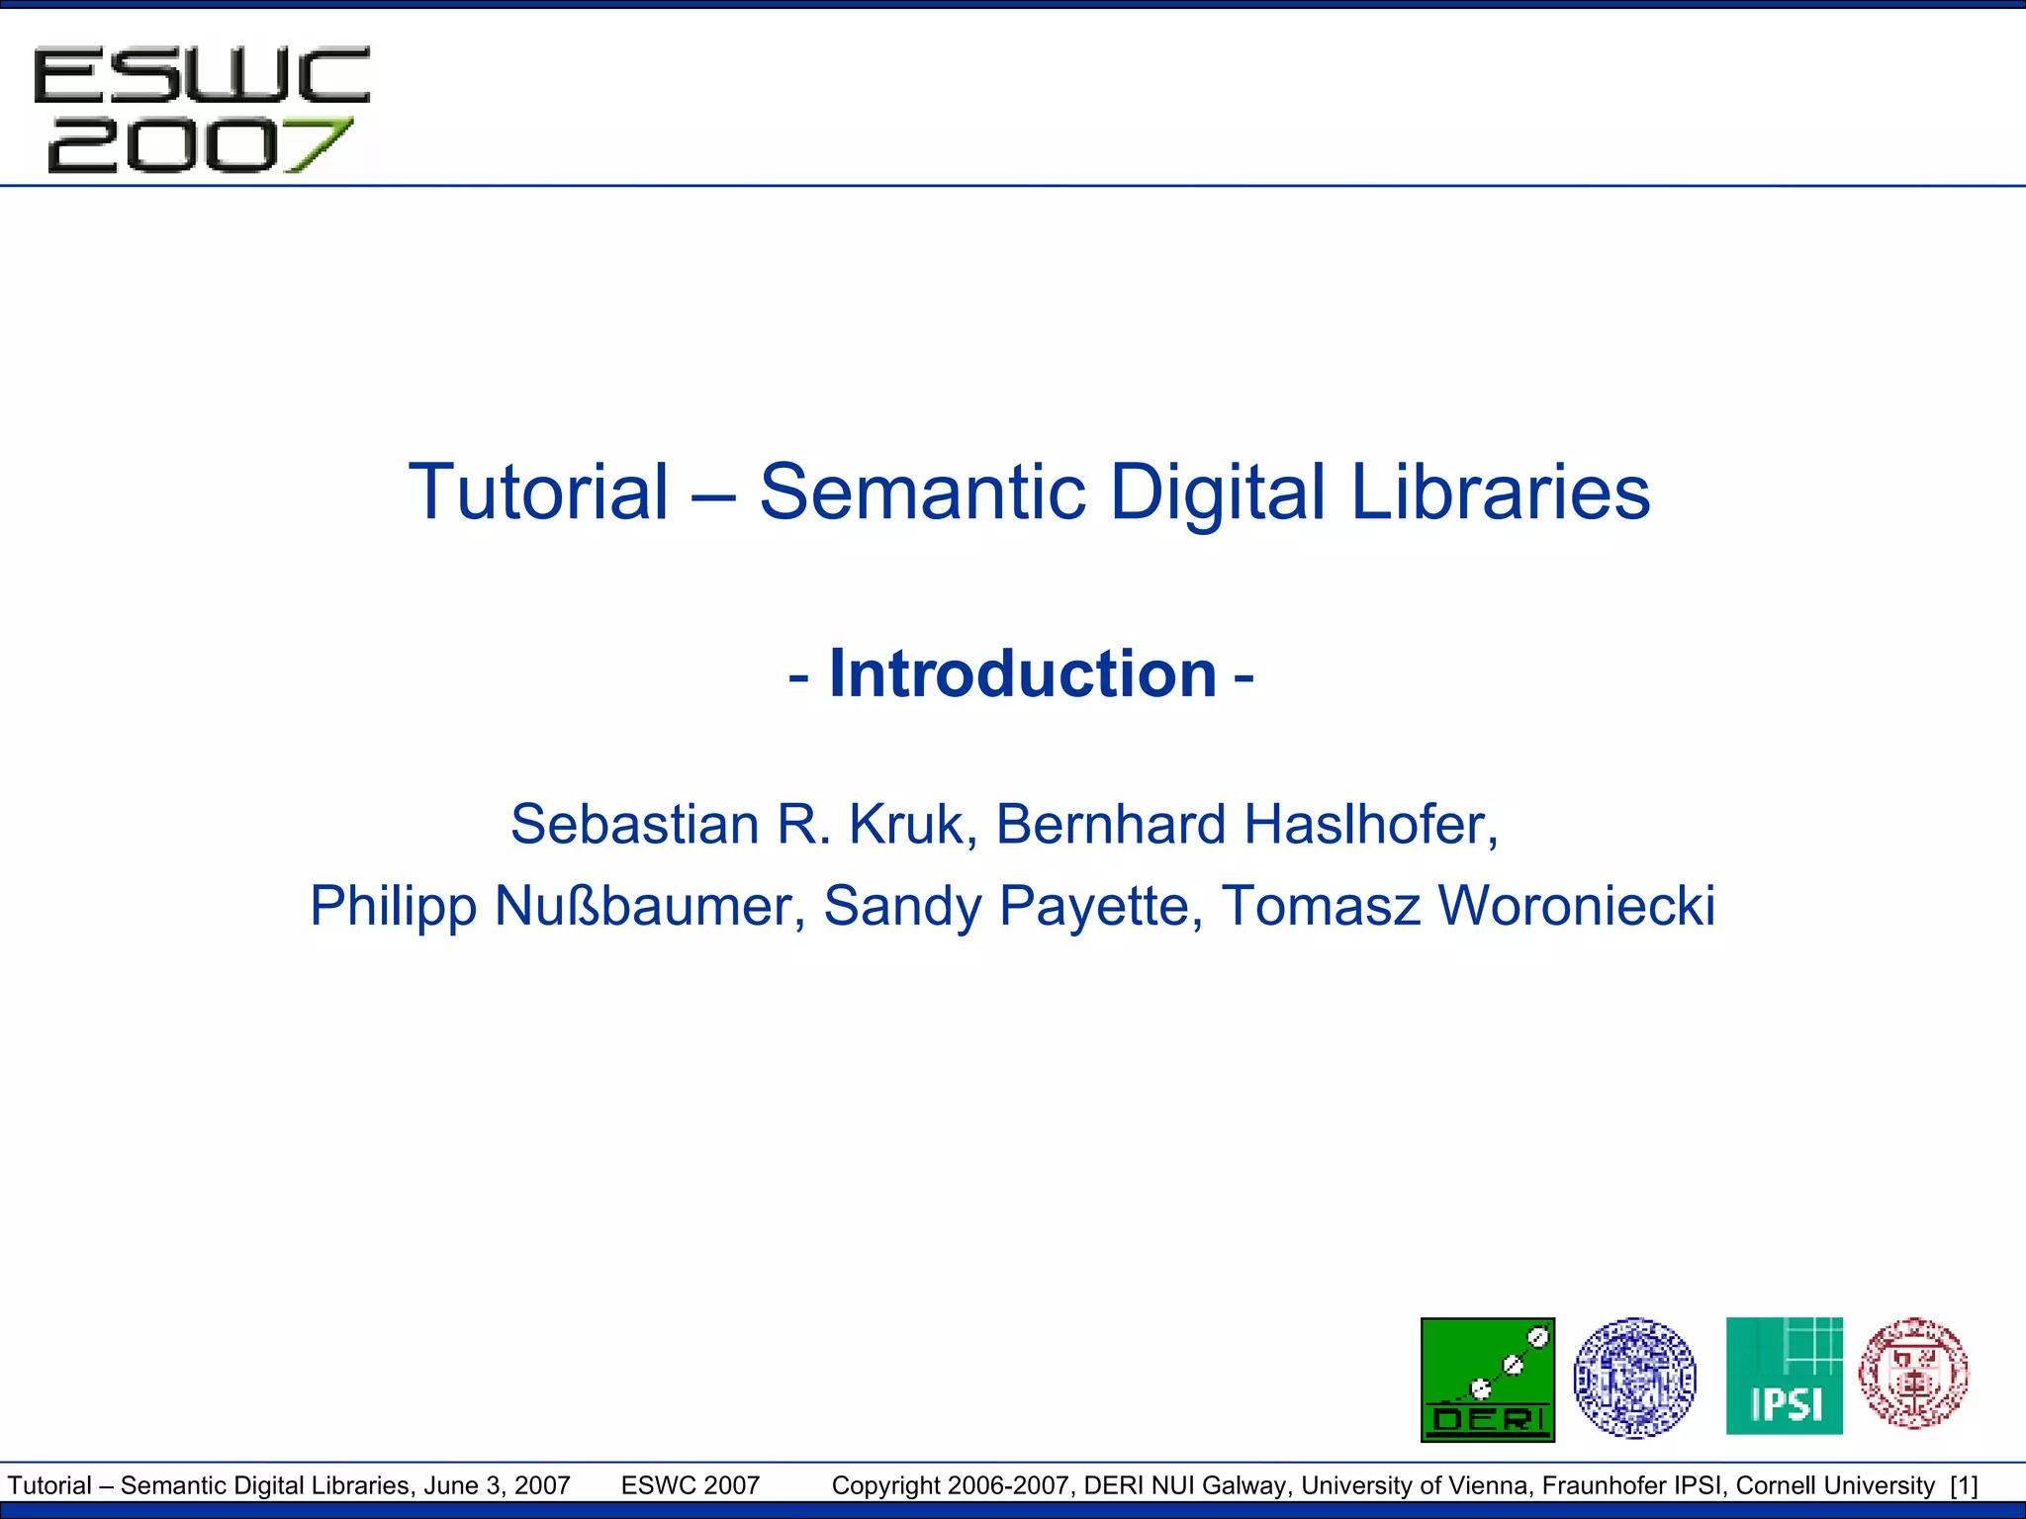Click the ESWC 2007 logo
point(201,109)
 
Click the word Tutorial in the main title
point(539,491)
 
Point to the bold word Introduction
point(1023,673)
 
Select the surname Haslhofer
point(1370,824)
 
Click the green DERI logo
point(1487,1380)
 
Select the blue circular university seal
point(1634,1378)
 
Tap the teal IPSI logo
point(1784,1376)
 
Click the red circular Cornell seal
point(1913,1374)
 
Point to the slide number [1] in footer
point(1964,1485)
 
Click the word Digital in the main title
point(1216,491)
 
